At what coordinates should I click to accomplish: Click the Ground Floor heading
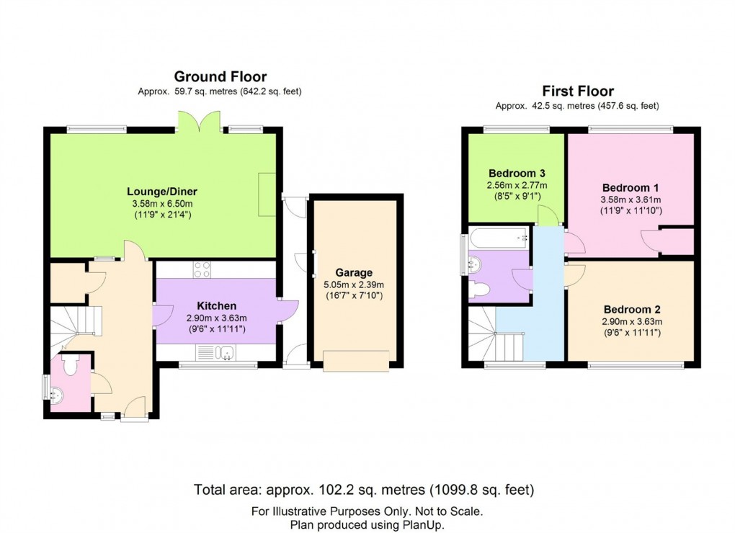point(220,76)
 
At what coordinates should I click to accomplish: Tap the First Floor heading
point(578,91)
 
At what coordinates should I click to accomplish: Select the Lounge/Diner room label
point(162,192)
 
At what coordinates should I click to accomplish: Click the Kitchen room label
point(215,306)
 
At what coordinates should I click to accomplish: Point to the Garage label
point(354,273)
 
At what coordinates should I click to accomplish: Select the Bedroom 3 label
point(517,174)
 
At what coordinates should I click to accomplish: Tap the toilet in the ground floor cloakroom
point(71,365)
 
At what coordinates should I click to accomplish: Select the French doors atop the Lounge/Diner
point(197,120)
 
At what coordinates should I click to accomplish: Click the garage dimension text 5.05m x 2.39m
point(354,285)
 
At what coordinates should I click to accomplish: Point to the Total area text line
point(364,491)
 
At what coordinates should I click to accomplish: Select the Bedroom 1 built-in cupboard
point(677,241)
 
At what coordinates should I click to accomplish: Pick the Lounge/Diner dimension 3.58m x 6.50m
point(162,204)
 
